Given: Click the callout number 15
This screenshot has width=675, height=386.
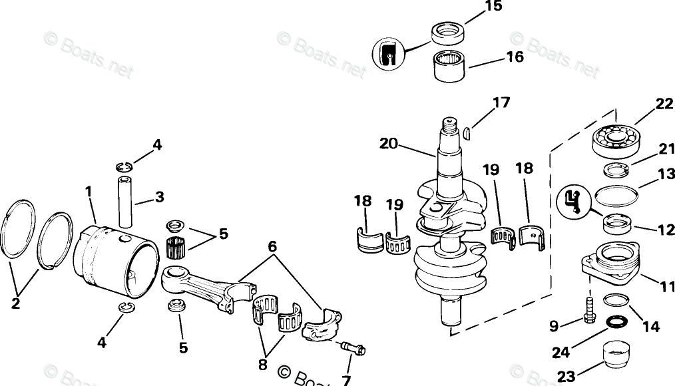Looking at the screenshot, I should tap(493, 7).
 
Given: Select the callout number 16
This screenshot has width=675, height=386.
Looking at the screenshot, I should tap(515, 57).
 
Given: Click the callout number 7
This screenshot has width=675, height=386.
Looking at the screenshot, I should tap(346, 379).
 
